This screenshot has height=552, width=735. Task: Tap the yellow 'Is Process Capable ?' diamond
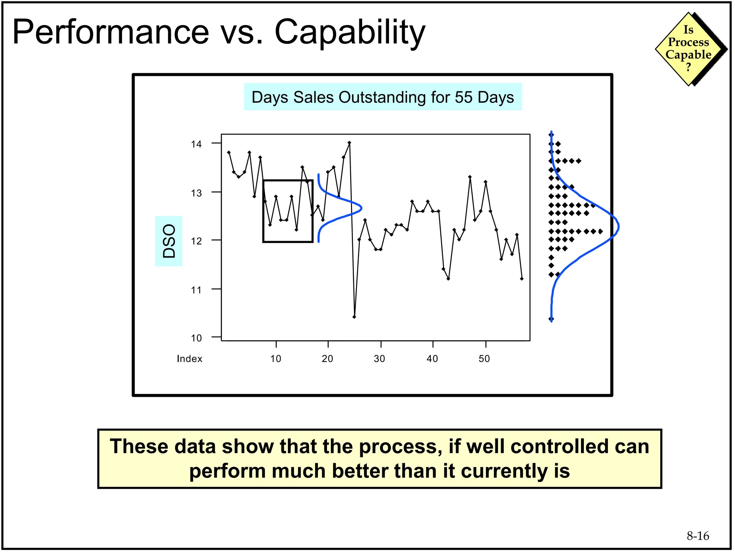tap(688, 49)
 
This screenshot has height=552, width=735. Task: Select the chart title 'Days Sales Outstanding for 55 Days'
tap(383, 97)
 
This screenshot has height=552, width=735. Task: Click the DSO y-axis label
tap(169, 241)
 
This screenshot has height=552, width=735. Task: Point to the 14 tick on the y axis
tap(196, 144)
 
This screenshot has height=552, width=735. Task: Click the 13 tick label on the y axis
tap(196, 193)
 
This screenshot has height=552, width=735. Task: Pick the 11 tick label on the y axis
tap(196, 290)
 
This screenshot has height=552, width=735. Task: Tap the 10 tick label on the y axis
tap(196, 338)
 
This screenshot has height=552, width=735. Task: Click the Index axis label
tap(189, 359)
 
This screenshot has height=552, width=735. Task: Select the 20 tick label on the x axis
tap(327, 359)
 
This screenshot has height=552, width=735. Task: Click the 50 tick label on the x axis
tap(484, 359)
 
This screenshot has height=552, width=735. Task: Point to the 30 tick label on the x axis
tap(379, 359)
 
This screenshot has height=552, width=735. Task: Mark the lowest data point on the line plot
tap(354, 317)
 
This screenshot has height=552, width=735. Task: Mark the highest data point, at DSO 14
tap(349, 143)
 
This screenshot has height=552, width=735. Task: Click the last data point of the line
tap(521, 279)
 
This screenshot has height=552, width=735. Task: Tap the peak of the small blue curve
tap(361, 208)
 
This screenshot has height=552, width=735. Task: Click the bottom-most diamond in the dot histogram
tap(552, 319)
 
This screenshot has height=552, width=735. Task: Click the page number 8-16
tap(698, 536)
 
